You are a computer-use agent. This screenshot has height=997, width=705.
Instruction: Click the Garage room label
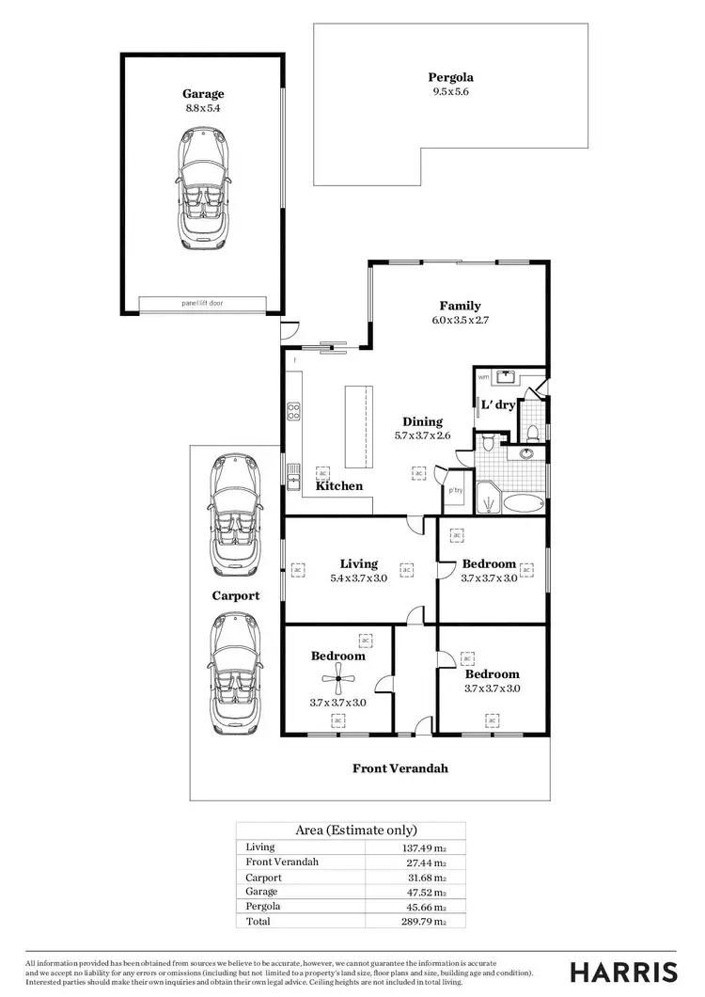pyautogui.click(x=203, y=93)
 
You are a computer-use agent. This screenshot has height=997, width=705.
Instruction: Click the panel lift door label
pyautogui.click(x=203, y=304)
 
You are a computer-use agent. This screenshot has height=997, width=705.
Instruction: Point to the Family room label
pyautogui.click(x=460, y=306)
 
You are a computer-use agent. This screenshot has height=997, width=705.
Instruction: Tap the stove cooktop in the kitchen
pyautogui.click(x=293, y=411)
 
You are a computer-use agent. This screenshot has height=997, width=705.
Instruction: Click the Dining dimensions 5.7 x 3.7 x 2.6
pyautogui.click(x=422, y=436)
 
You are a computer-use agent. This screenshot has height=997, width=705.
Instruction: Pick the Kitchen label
pyautogui.click(x=338, y=486)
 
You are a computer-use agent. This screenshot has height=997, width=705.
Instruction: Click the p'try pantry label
pyautogui.click(x=455, y=491)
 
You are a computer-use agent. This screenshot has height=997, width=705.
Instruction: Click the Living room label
pyautogui.click(x=358, y=563)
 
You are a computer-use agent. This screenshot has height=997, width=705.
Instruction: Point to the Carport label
pyautogui.click(x=235, y=595)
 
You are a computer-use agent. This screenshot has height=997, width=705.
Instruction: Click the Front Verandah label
pyautogui.click(x=400, y=768)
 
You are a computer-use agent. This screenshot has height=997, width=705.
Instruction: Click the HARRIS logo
pyautogui.click(x=623, y=971)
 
